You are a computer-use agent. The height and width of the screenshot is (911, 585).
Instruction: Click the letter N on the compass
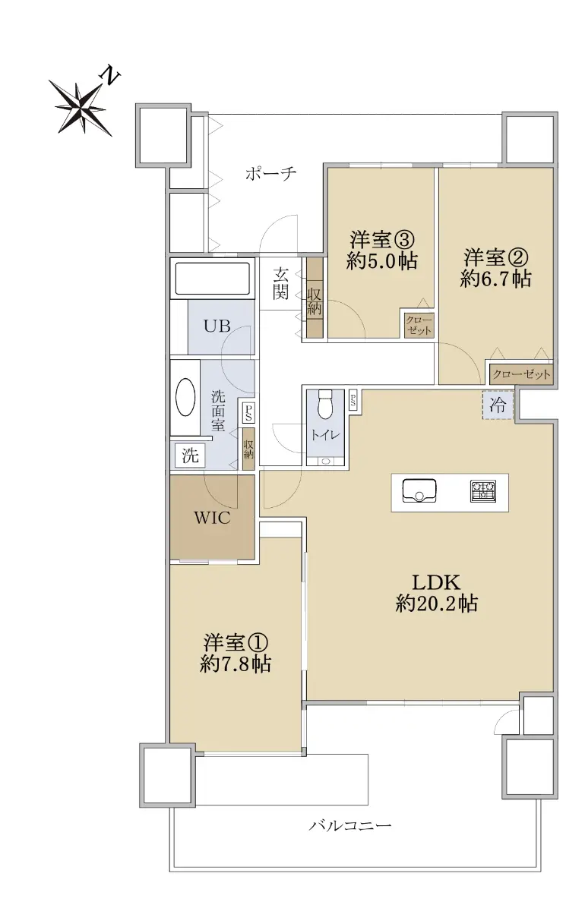tap(110, 76)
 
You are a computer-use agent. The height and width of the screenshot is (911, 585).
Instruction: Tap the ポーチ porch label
tap(270, 174)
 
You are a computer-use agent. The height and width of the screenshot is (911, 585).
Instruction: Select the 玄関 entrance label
tap(280, 283)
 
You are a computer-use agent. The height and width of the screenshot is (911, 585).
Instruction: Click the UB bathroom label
tap(217, 326)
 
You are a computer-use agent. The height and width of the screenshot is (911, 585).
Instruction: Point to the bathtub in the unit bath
tap(212, 278)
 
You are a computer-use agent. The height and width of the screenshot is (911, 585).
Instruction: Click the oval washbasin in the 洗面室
tap(185, 397)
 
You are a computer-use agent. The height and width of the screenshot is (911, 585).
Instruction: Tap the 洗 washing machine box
tap(190, 455)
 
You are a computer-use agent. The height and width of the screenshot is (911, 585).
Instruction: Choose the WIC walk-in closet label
tap(212, 518)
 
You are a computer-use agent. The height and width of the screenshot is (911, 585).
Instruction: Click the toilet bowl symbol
tap(325, 405)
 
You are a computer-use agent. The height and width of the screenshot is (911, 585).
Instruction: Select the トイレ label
tap(326, 436)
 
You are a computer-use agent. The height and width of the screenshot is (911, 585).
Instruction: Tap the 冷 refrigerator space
tap(497, 405)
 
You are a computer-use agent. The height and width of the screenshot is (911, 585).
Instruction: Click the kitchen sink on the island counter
tap(419, 490)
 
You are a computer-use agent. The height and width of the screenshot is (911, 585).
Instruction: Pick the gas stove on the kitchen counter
tap(483, 491)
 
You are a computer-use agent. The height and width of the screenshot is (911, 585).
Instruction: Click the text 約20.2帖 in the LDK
tap(436, 604)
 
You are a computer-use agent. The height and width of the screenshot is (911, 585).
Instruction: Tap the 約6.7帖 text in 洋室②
tap(495, 279)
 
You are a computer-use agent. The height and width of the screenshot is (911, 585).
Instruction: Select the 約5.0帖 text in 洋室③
tap(382, 260)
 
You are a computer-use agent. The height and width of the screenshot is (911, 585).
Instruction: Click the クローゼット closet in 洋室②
tap(521, 374)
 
